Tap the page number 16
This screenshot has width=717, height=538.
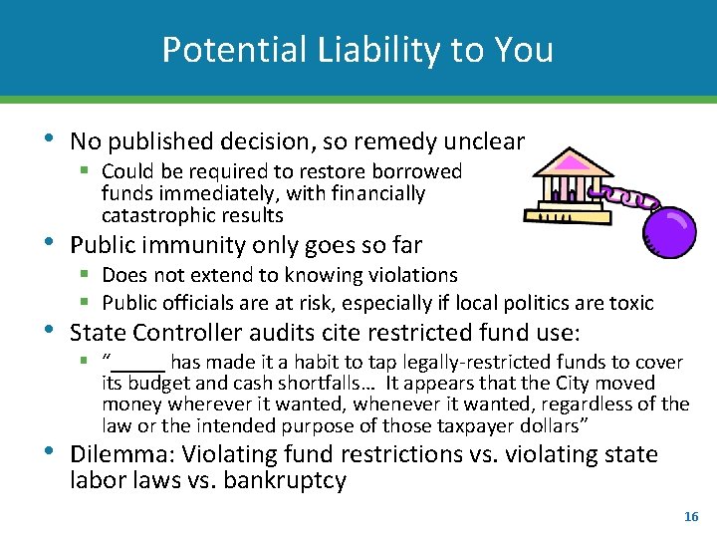(x=691, y=517)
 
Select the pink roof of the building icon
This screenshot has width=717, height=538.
(x=572, y=161)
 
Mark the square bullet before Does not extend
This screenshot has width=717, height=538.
(x=88, y=275)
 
